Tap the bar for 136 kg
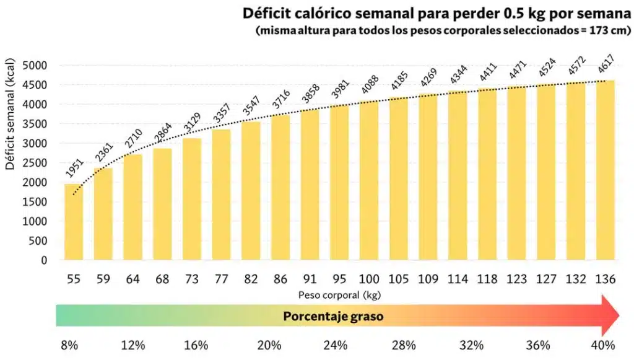point(606,170)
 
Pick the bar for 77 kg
point(221,195)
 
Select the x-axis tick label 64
point(132,279)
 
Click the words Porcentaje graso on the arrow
point(333,316)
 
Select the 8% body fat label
point(69,345)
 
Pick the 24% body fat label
point(336,345)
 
